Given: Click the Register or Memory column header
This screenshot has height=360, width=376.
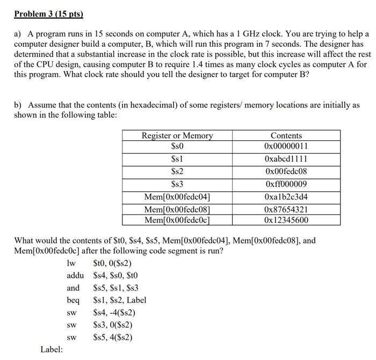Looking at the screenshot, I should point(177,135).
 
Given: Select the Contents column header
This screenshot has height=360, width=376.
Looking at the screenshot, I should point(286,135).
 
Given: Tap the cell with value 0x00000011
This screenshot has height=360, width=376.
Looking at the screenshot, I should point(286,146).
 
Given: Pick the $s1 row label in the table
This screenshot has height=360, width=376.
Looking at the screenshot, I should point(177,159).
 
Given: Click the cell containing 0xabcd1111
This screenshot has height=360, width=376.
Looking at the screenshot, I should point(286,159).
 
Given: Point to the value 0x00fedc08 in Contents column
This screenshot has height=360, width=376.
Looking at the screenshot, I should point(286,171).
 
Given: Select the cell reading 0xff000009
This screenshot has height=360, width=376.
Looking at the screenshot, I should point(286,184).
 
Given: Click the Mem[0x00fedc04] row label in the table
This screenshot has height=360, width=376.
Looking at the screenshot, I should point(177,197).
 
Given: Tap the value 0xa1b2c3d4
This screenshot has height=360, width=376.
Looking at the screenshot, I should point(286,197).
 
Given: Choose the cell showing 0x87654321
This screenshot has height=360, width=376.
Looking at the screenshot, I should point(286,210).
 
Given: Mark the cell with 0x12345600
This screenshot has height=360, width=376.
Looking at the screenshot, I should point(286,220).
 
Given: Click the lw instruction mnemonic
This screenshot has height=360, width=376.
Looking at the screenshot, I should point(70,263).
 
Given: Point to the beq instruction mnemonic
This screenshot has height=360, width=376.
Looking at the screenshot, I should point(73,300).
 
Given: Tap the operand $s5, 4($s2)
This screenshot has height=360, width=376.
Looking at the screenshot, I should point(112,337).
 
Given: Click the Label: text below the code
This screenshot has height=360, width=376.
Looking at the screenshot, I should point(52,350).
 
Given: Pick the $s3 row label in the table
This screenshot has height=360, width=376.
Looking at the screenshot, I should point(177,184).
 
